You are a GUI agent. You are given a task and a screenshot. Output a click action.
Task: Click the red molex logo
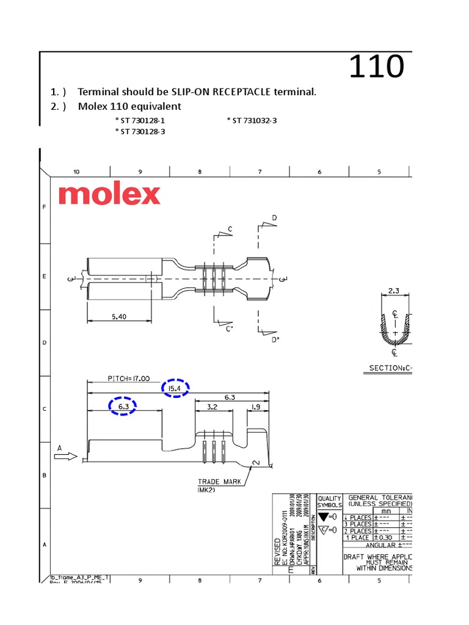(x=110, y=195)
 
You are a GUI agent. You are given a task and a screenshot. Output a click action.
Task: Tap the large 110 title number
(x=376, y=67)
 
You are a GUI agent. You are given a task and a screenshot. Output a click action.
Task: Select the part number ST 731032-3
(x=252, y=121)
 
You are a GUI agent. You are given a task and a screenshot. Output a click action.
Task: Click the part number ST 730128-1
(x=140, y=121)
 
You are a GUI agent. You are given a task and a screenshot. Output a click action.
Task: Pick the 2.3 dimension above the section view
(x=394, y=291)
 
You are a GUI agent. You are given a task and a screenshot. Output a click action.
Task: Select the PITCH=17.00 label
(x=129, y=378)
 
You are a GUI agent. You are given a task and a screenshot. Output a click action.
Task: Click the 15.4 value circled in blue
(x=175, y=388)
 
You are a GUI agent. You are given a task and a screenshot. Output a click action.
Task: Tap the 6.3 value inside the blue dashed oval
(x=122, y=406)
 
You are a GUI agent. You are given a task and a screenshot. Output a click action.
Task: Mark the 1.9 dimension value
(x=256, y=406)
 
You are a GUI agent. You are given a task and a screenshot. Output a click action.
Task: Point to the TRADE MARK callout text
(x=219, y=482)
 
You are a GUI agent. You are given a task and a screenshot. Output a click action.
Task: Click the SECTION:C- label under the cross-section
(x=390, y=368)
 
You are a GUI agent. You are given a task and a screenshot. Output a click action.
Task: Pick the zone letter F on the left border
(x=44, y=208)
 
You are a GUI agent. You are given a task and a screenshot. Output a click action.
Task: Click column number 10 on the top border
(x=76, y=172)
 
